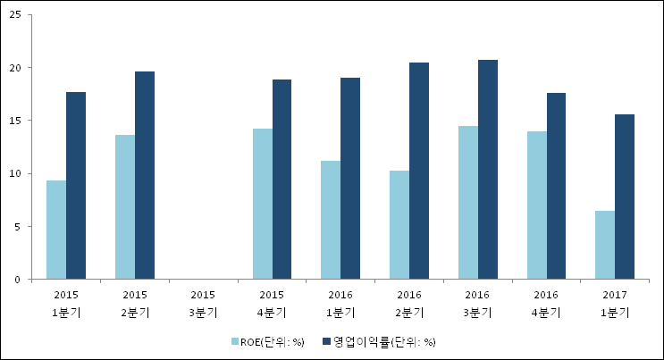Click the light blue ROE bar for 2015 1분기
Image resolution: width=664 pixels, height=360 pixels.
56,230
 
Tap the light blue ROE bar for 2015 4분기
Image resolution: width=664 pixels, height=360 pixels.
262,205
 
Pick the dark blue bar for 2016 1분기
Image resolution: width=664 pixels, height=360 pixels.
350,179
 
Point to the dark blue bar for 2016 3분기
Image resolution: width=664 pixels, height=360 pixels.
488,170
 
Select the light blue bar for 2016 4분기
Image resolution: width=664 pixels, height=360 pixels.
536,205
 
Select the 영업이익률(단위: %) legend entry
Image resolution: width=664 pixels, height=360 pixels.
384,341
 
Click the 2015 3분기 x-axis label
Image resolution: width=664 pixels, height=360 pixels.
203,303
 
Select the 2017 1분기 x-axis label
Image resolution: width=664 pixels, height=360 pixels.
615,303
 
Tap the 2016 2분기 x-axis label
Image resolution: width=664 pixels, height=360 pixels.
409,303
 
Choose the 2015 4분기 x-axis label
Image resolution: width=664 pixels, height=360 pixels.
272,303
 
